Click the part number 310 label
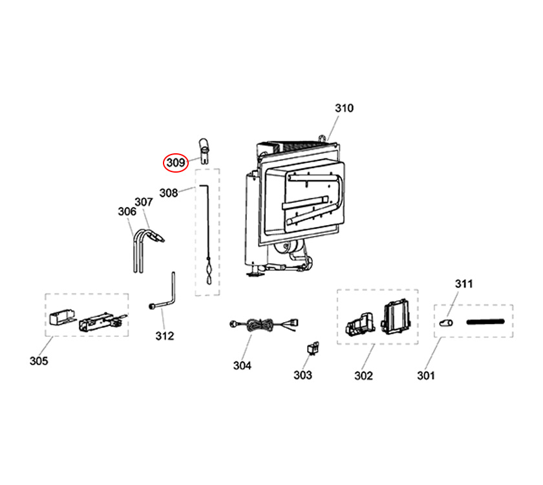pos(344,108)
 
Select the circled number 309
pos(175,162)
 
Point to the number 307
pos(143,202)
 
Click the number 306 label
pos(127,211)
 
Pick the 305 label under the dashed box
pos(39,361)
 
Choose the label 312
pos(165,336)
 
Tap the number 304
pos(242,365)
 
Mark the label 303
pos(303,374)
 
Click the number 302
pos(363,375)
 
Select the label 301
pos(426,375)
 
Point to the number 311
pos(464,284)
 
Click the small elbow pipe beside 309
pos(203,149)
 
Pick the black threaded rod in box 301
pos(484,320)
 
